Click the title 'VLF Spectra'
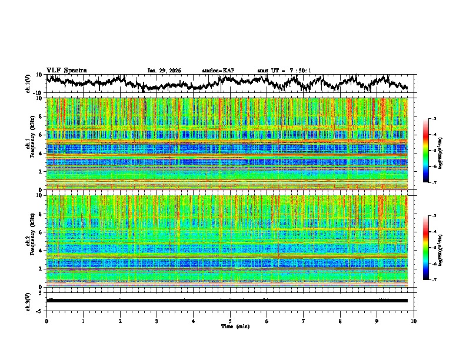pyautogui.click(x=66, y=71)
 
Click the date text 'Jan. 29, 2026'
pyautogui.click(x=164, y=71)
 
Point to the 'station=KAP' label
pyautogui.click(x=218, y=71)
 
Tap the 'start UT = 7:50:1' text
pyautogui.click(x=284, y=71)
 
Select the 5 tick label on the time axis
pyautogui.click(x=230, y=321)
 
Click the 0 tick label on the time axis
pyautogui.click(x=46, y=321)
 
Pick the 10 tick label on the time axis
pyautogui.click(x=414, y=321)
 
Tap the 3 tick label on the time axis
pyautogui.click(x=157, y=321)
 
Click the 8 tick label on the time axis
pyautogui.click(x=340, y=321)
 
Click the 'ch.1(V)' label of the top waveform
pyautogui.click(x=28, y=84)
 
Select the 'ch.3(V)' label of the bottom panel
pyautogui.click(x=28, y=300)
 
